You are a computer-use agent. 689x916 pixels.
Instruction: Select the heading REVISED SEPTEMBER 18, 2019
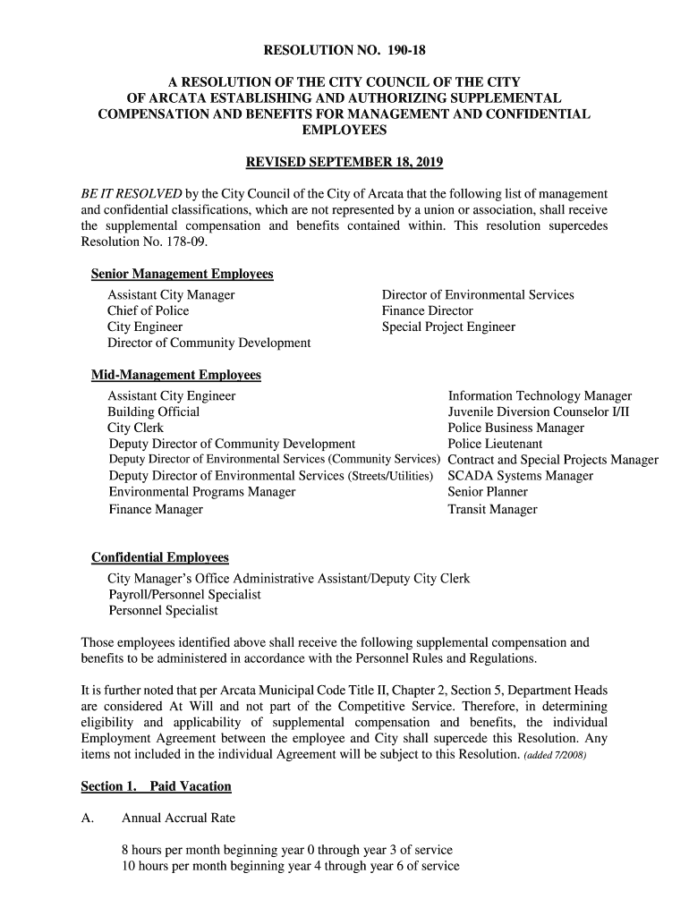point(344,163)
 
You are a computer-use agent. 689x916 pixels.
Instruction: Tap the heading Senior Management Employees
point(183,274)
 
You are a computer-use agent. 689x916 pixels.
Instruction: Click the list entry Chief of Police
point(149,311)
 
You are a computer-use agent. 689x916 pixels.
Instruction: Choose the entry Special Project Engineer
point(448,327)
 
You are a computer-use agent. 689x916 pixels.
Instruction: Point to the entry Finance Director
point(428,311)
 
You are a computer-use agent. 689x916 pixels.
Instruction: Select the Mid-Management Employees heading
point(176,375)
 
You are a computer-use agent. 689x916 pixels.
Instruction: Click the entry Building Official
point(154,412)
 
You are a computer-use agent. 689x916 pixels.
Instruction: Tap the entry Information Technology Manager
point(540,396)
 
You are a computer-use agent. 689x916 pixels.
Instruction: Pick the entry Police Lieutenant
point(495,445)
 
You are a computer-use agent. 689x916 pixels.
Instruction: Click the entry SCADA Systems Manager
point(520,476)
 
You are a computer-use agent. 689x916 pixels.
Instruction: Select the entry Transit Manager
point(492,510)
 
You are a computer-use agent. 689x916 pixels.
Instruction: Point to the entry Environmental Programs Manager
point(202,492)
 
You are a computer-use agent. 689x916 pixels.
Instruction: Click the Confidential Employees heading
point(160,558)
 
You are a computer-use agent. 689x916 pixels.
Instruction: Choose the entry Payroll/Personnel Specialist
point(185,595)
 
